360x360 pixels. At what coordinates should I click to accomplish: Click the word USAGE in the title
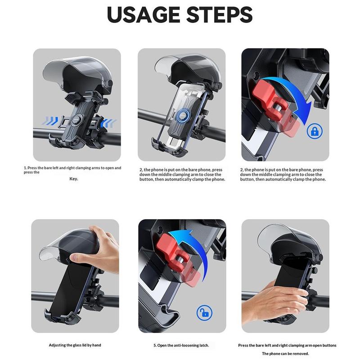tap(143, 14)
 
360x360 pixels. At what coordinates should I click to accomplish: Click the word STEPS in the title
tap(220, 14)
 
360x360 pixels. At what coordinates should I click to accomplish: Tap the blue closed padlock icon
tap(315, 131)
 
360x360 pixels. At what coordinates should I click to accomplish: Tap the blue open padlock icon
tap(205, 312)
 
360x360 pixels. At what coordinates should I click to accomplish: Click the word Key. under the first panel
tap(74, 179)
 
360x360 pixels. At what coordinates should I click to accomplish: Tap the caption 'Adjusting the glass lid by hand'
tap(75, 345)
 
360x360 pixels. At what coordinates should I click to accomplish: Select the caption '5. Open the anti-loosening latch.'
tap(181, 345)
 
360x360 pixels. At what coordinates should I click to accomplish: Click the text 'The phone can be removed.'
tap(285, 354)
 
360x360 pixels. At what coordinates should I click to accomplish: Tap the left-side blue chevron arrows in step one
tap(49, 121)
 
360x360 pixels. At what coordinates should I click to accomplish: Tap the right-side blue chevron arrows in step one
tap(108, 123)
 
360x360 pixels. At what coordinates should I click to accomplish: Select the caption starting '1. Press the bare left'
tap(72, 170)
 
